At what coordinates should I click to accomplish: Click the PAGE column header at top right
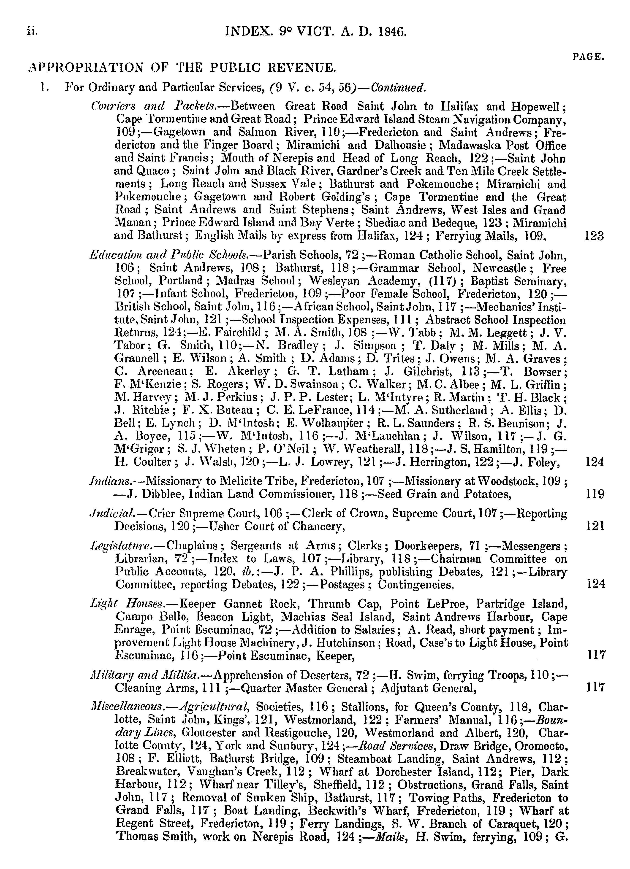point(589,57)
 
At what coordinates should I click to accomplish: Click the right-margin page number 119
point(595,494)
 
